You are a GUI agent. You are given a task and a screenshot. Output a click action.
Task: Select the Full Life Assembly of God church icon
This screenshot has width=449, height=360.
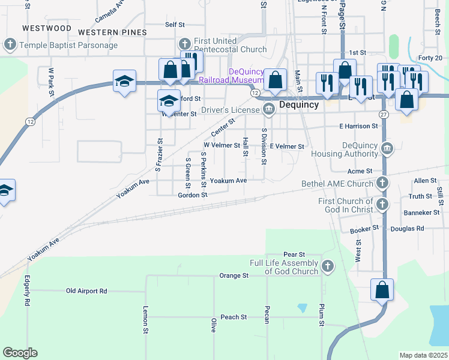click(x=328, y=266)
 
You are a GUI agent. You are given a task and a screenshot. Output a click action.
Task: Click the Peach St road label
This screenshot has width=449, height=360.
click(x=234, y=317)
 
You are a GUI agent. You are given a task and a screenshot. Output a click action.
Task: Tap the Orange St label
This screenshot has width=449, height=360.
click(x=234, y=275)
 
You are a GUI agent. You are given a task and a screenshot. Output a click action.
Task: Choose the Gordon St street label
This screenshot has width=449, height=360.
click(x=192, y=195)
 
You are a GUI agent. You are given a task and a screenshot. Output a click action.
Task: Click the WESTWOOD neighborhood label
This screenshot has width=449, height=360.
click(x=46, y=28)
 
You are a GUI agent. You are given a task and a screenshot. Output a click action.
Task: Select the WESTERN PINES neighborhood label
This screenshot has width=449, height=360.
click(x=112, y=31)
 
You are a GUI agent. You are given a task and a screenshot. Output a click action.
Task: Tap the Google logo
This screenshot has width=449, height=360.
click(x=20, y=353)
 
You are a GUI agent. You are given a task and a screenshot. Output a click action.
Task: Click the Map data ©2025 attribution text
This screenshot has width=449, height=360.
click(x=423, y=355)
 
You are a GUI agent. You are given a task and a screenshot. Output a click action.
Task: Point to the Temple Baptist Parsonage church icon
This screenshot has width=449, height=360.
click(x=10, y=45)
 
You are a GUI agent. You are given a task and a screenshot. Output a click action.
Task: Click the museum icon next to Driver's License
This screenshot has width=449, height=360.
click(x=268, y=109)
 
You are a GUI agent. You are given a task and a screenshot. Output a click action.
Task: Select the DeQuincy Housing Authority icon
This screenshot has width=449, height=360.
click(x=387, y=148)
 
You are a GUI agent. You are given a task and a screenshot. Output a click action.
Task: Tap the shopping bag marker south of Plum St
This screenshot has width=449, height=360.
click(x=382, y=290)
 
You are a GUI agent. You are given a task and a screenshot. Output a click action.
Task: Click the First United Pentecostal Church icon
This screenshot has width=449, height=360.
click(x=185, y=45)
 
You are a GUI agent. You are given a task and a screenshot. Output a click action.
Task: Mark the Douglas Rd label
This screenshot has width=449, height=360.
click(x=407, y=229)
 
